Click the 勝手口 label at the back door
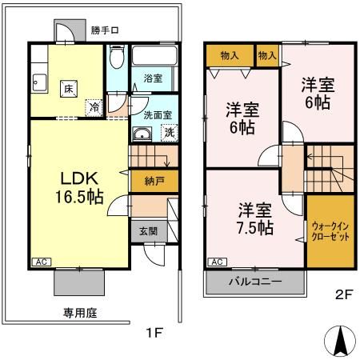[x=103, y=31]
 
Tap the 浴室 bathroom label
[x=153, y=78]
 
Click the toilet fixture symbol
[x=117, y=59]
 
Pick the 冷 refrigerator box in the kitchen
[x=95, y=106]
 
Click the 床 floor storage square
[x=69, y=90]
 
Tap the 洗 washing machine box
[x=168, y=133]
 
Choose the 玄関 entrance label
[x=149, y=231]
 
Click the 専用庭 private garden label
[x=81, y=313]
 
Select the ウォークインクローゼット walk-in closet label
[x=328, y=232]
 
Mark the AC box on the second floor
[x=215, y=262]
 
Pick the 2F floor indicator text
[x=343, y=294]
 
